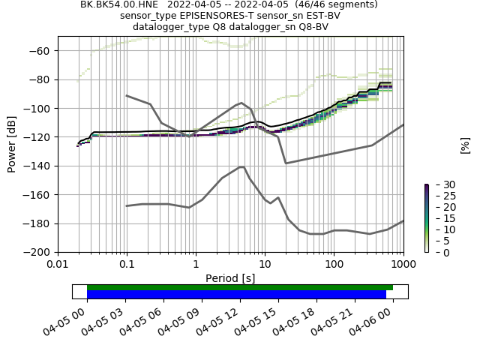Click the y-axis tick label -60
(x=42, y=51)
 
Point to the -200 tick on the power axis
(x=40, y=252)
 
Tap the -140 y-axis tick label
(x=40, y=166)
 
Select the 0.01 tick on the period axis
(x=58, y=264)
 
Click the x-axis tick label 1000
(x=403, y=264)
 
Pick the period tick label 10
(x=265, y=264)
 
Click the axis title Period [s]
(x=230, y=278)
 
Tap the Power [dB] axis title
(x=12, y=144)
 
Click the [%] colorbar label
(x=465, y=145)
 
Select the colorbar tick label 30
(x=439, y=184)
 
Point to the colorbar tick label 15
(x=439, y=218)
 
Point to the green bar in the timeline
(x=240, y=287)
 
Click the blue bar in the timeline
(x=236, y=295)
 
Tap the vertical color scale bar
(x=427, y=218)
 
